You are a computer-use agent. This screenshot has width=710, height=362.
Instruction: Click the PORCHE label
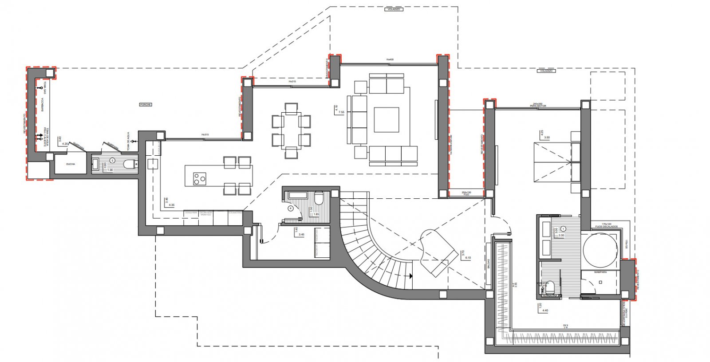coord(146,105)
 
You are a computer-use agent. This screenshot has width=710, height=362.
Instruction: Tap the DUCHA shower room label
coord(70,164)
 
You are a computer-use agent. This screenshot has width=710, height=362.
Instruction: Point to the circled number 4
coord(291,208)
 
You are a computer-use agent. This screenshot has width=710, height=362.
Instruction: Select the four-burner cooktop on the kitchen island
coord(200,178)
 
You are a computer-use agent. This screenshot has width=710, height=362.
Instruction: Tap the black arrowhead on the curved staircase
coord(411,276)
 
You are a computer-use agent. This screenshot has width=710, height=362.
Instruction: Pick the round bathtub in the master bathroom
coord(600,251)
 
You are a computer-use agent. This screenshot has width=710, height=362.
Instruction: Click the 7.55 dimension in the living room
coord(341,112)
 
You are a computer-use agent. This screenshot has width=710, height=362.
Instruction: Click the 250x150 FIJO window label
coord(466,193)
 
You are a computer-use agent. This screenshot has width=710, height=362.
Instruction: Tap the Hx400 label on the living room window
coord(390,59)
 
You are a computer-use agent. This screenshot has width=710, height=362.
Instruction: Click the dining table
coord(291,130)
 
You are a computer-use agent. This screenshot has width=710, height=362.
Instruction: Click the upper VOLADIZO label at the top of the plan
coord(393,9)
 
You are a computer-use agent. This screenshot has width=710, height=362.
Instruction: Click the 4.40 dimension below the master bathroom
coord(545,311)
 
